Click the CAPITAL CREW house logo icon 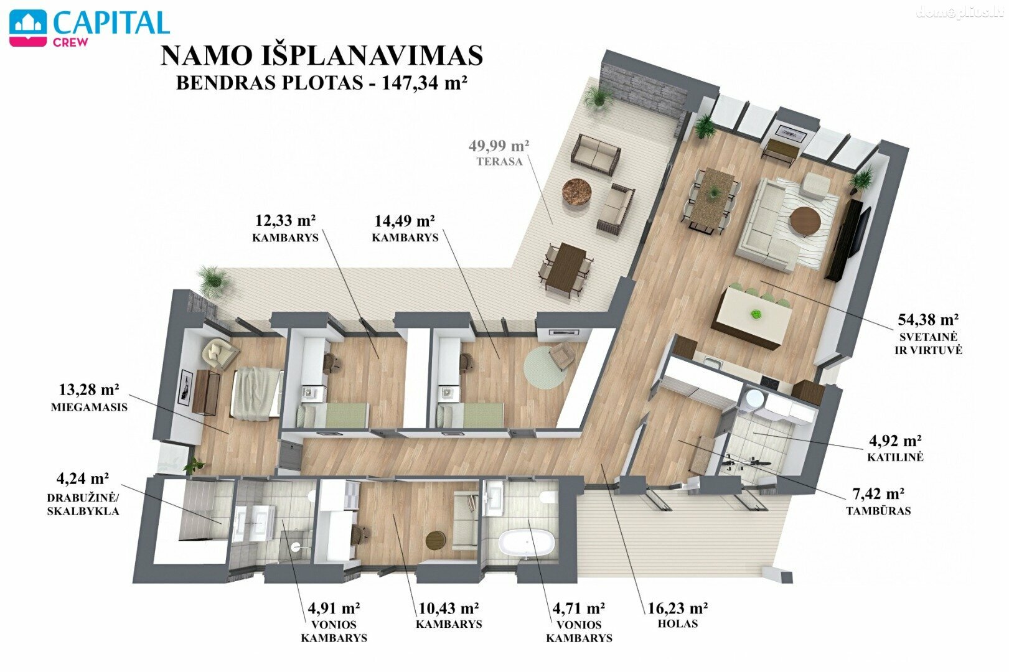point(28,28)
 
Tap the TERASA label point(500,161)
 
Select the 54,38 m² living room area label point(928,319)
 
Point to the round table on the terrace point(577,192)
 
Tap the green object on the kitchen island point(756,314)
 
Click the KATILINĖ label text point(896,457)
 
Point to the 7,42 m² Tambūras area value point(878,493)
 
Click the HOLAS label point(677,624)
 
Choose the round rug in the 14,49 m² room point(545,368)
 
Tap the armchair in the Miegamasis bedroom point(219,352)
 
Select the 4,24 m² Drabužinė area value point(82,477)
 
